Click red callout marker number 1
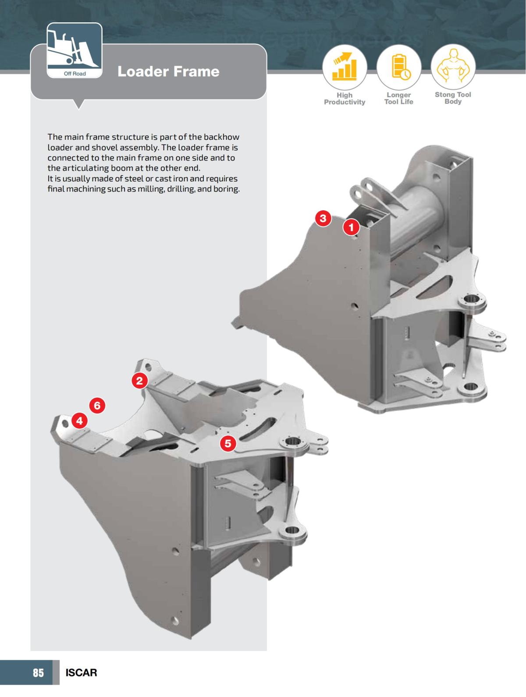coord(351,227)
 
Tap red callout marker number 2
coord(139,380)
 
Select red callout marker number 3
coord(323,218)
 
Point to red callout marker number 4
coord(79,421)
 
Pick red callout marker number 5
coord(227,443)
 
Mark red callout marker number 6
coord(97,406)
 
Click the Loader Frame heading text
coord(168,71)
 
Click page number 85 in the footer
coord(38,672)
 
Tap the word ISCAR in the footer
coord(81,672)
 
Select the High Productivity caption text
coord(345,99)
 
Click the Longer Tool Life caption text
coord(399,99)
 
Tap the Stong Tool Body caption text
coord(453,98)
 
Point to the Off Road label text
coord(75,74)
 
